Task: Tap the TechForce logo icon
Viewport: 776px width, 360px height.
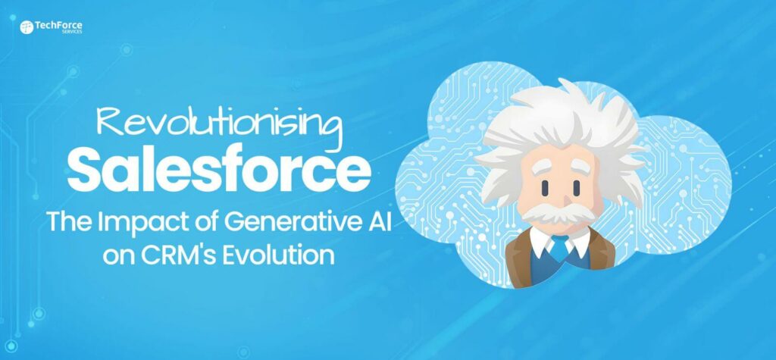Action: pos(27,28)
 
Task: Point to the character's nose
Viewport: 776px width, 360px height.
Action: pos(546,199)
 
